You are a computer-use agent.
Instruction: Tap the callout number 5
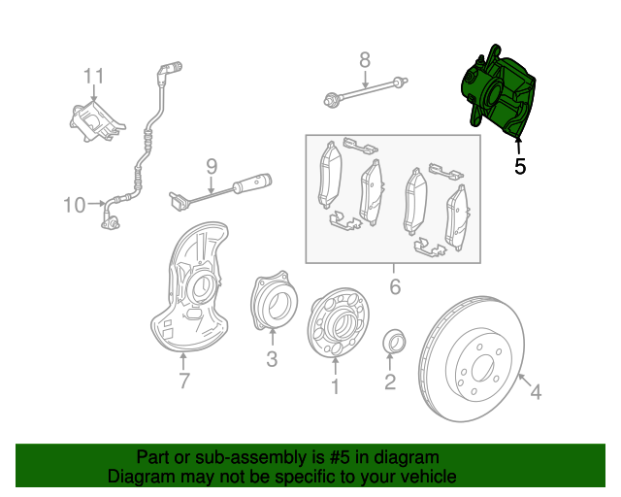click(x=520, y=167)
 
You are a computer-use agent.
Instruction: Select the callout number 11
click(x=93, y=76)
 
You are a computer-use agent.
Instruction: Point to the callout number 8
click(x=365, y=60)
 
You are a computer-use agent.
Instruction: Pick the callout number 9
click(x=211, y=166)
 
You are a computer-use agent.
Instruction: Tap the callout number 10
click(x=75, y=204)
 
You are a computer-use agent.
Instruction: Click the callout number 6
click(x=394, y=286)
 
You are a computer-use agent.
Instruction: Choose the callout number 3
click(x=272, y=360)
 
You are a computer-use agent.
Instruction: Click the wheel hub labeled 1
click(x=335, y=324)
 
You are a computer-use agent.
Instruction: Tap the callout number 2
click(x=390, y=382)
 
